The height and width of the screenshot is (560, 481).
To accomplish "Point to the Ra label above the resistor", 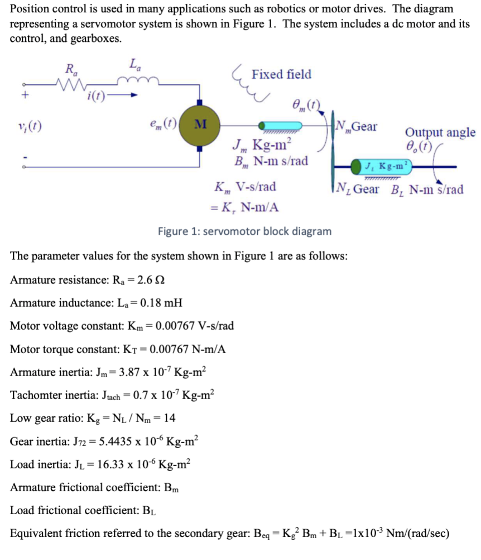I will [x=71, y=70].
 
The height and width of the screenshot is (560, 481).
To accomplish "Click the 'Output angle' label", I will [x=440, y=132].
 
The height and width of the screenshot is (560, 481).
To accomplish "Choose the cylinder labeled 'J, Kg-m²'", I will [x=383, y=166].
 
